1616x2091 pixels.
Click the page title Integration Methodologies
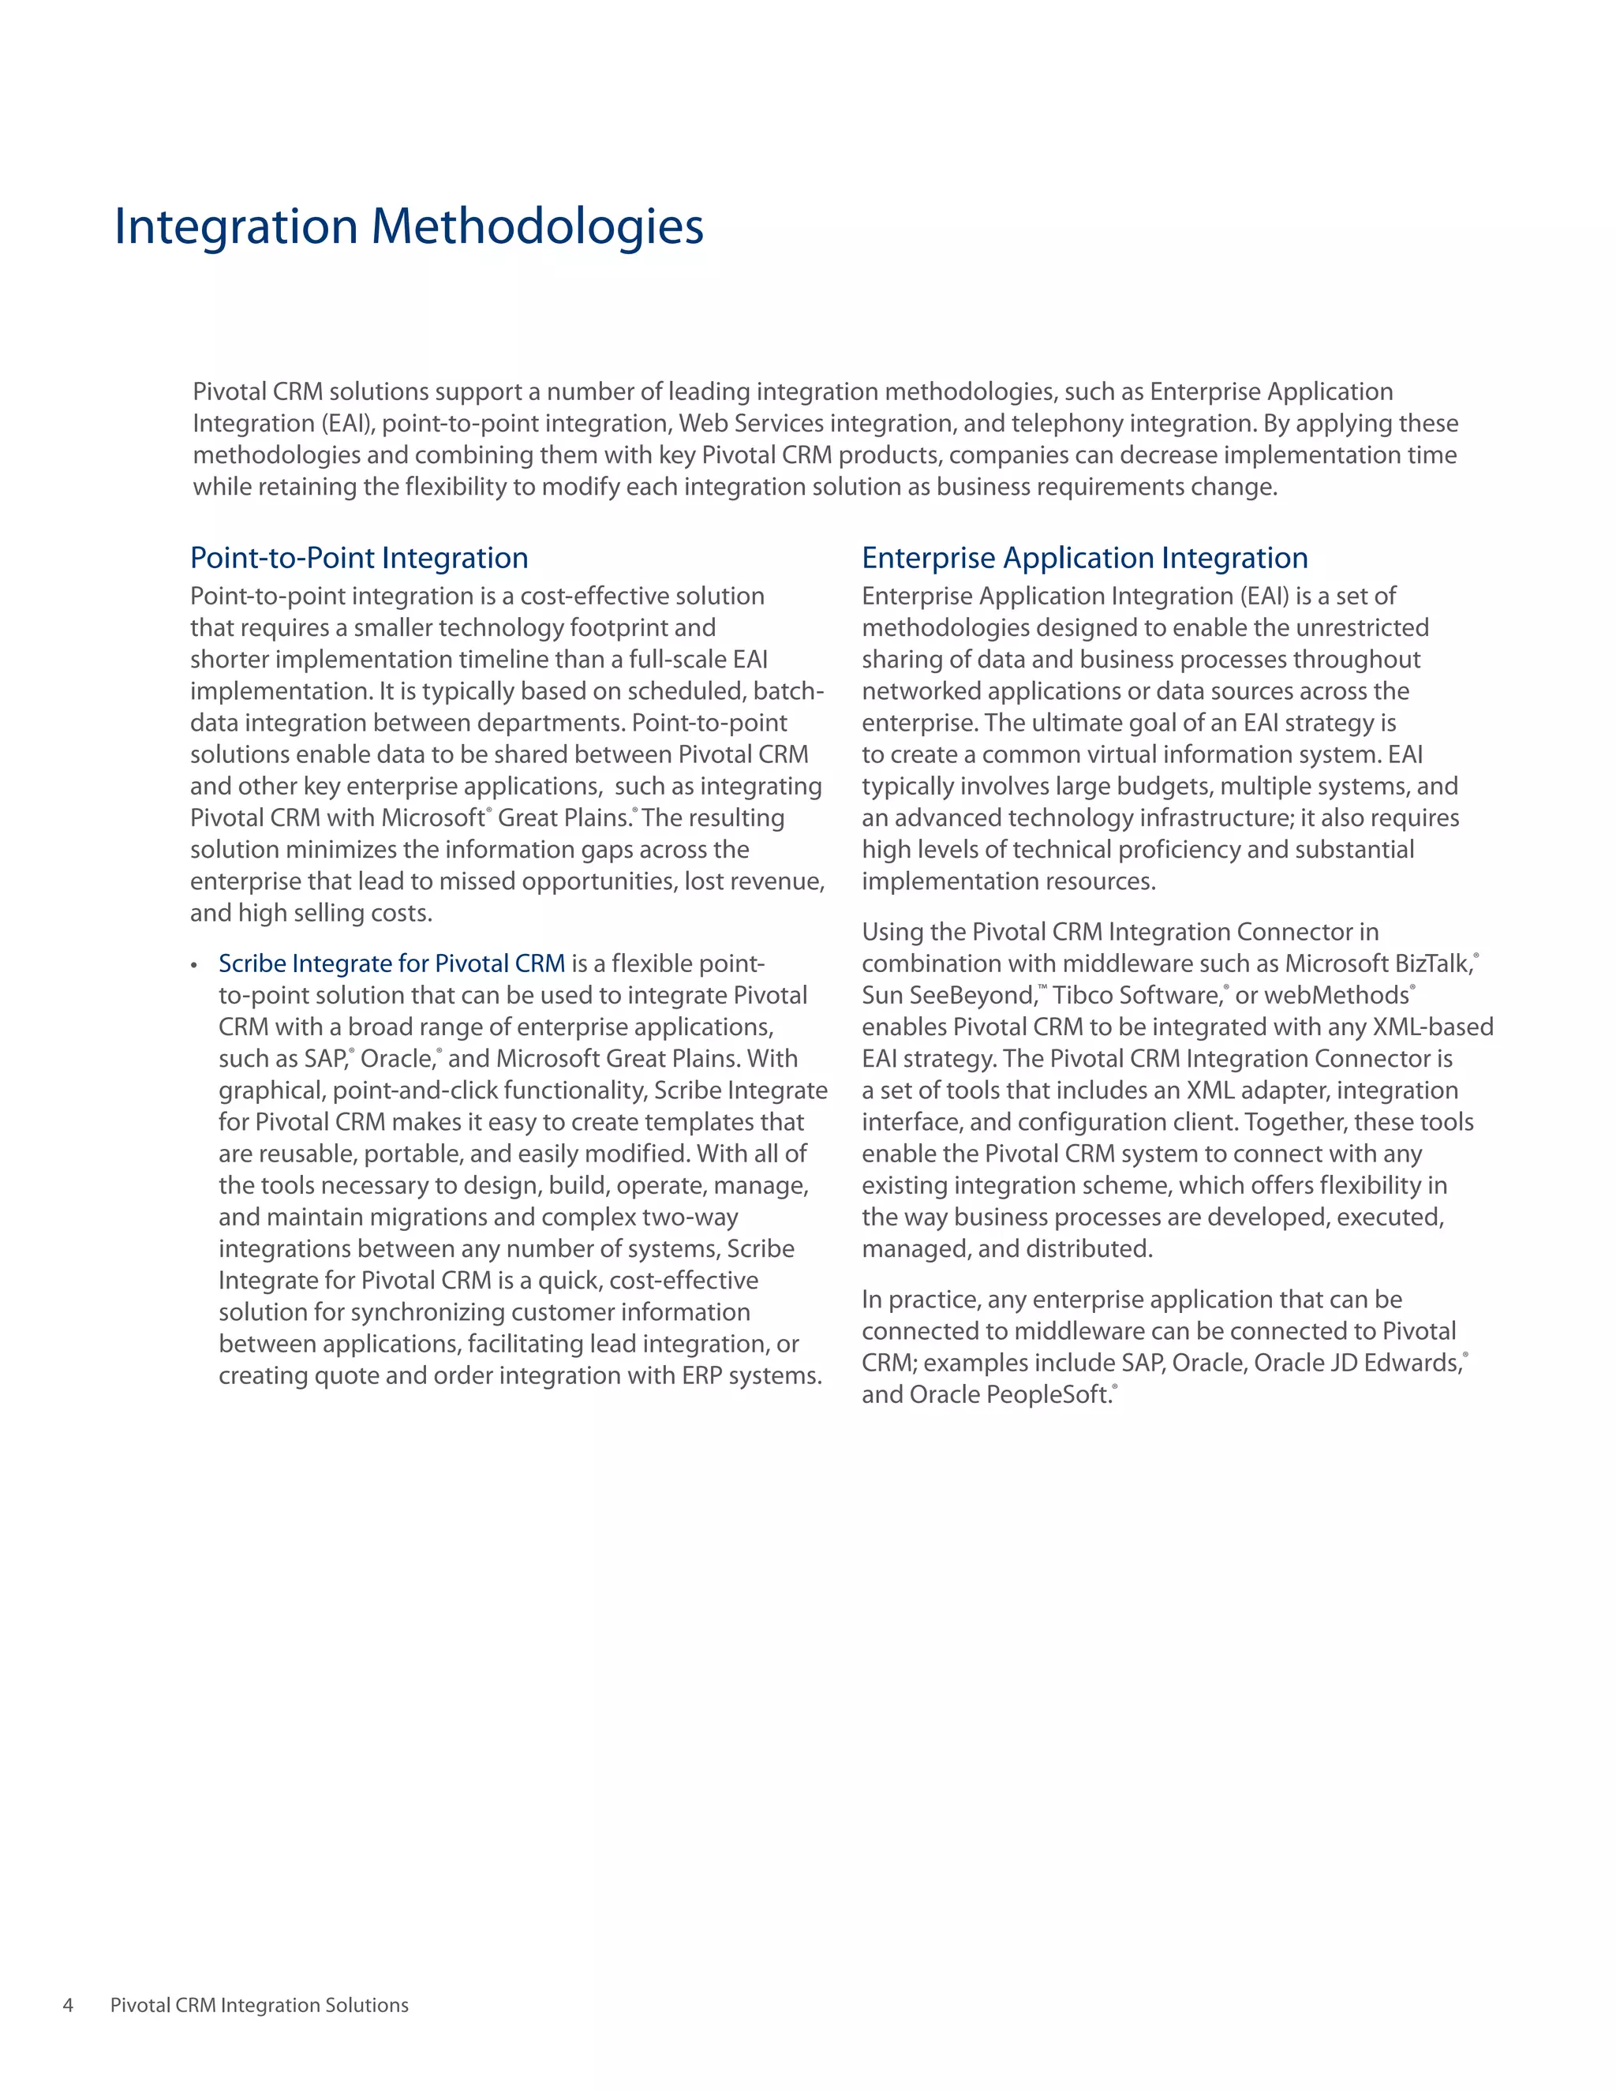point(409,227)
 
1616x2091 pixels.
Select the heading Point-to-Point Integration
point(359,558)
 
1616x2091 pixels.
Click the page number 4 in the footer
point(68,2005)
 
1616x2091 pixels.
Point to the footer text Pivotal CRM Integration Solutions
point(260,2005)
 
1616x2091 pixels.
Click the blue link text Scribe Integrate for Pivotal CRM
point(391,963)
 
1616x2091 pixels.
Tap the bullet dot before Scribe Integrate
point(194,965)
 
